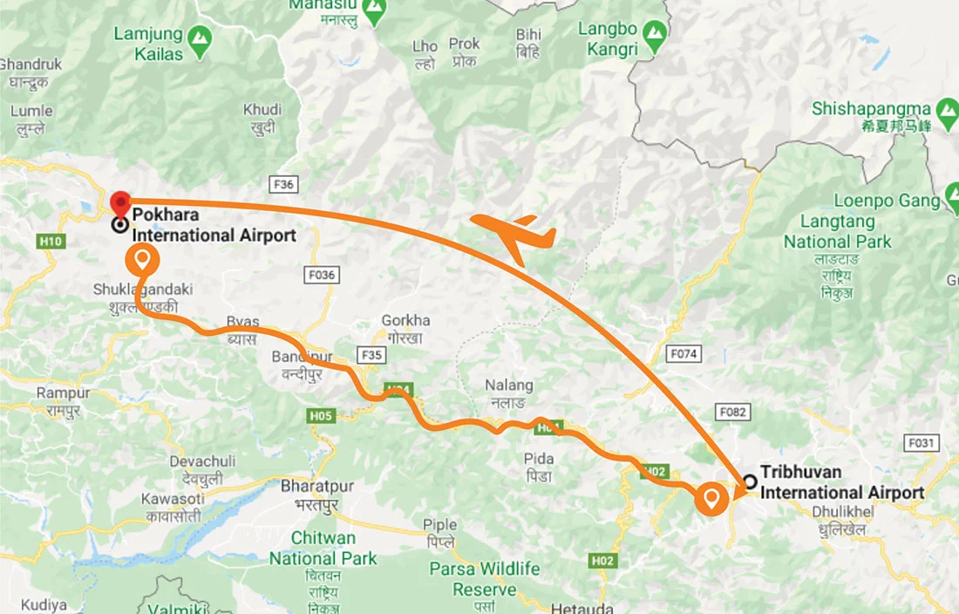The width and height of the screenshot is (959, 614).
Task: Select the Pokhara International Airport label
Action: (213, 225)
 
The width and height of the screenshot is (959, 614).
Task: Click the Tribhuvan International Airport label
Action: (841, 482)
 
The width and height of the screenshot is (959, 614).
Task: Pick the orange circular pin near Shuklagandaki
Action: (142, 260)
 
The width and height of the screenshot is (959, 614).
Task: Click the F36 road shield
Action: (283, 184)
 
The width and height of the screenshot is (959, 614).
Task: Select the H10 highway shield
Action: (51, 241)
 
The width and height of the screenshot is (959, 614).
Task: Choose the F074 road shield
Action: (682, 353)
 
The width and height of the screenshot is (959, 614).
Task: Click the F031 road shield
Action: (921, 443)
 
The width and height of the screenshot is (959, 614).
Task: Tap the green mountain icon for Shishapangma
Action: (947, 111)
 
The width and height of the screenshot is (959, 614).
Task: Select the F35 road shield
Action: (371, 355)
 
